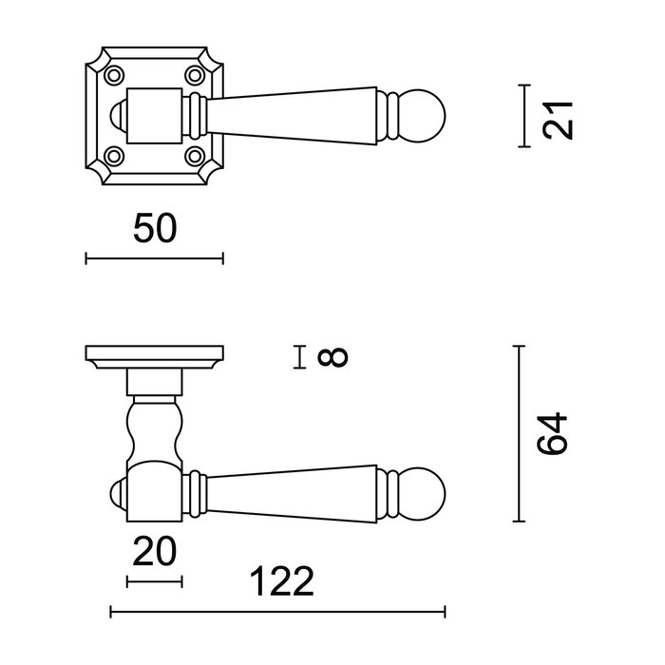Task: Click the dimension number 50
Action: click(154, 229)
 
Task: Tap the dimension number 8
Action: click(335, 357)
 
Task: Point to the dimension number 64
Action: click(555, 433)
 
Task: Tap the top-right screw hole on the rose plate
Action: click(196, 74)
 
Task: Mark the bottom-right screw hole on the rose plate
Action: click(196, 154)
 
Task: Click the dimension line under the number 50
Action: click(154, 257)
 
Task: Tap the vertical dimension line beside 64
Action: click(519, 434)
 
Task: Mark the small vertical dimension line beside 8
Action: click(300, 357)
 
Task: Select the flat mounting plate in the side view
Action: click(154, 357)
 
